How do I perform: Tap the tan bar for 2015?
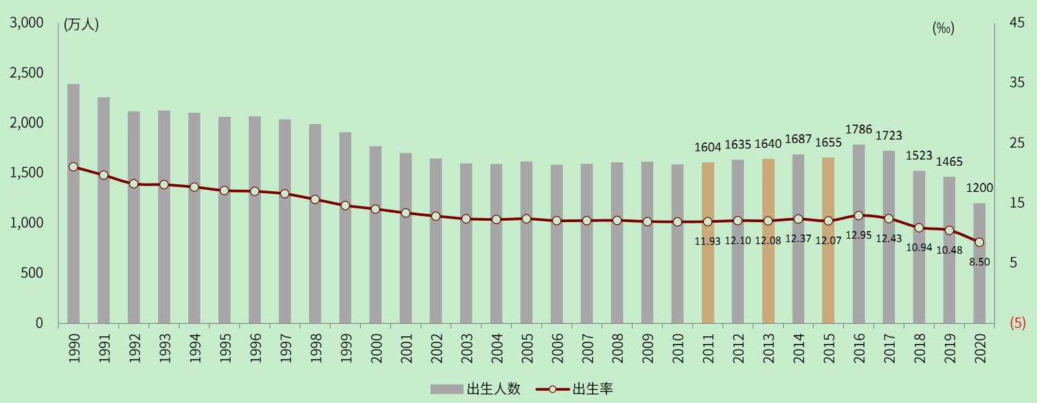pyautogui.click(x=828, y=240)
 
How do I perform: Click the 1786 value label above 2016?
pyautogui.click(x=858, y=129)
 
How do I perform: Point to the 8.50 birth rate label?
pyautogui.click(x=980, y=262)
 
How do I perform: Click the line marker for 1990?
pyautogui.click(x=73, y=167)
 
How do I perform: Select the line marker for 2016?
pyautogui.click(x=858, y=215)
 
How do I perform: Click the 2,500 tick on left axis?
pyautogui.click(x=25, y=73)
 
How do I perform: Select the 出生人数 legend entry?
pyautogui.click(x=475, y=389)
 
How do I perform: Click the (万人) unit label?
pyautogui.click(x=81, y=25)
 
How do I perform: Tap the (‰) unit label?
pyautogui.click(x=944, y=28)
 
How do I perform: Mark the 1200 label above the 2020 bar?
pyautogui.click(x=979, y=188)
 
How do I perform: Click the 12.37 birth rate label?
pyautogui.click(x=799, y=238)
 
